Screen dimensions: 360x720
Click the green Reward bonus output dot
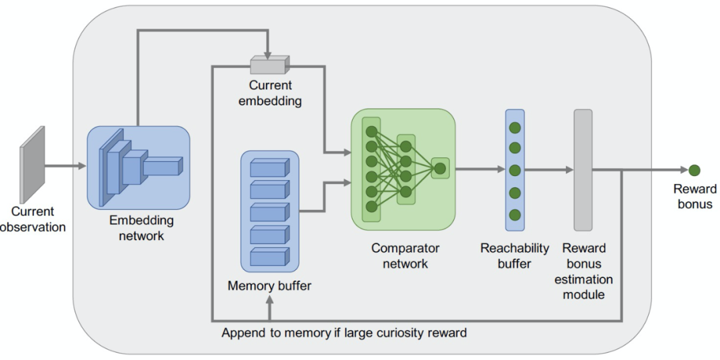(x=695, y=170)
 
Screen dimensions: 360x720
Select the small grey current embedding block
(x=268, y=65)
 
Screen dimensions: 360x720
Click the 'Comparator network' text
(x=405, y=255)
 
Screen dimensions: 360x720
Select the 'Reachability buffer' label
(x=515, y=255)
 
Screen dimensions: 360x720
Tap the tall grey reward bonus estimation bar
(x=583, y=170)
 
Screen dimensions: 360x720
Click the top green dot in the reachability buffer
(x=515, y=127)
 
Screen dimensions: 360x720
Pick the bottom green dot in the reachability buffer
(x=515, y=215)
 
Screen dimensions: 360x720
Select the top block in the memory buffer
(x=270, y=167)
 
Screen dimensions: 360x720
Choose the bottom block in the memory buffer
(x=270, y=257)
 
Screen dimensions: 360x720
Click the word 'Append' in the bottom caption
(x=243, y=331)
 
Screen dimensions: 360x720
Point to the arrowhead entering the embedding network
(x=83, y=165)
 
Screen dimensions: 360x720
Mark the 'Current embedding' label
(x=275, y=93)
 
